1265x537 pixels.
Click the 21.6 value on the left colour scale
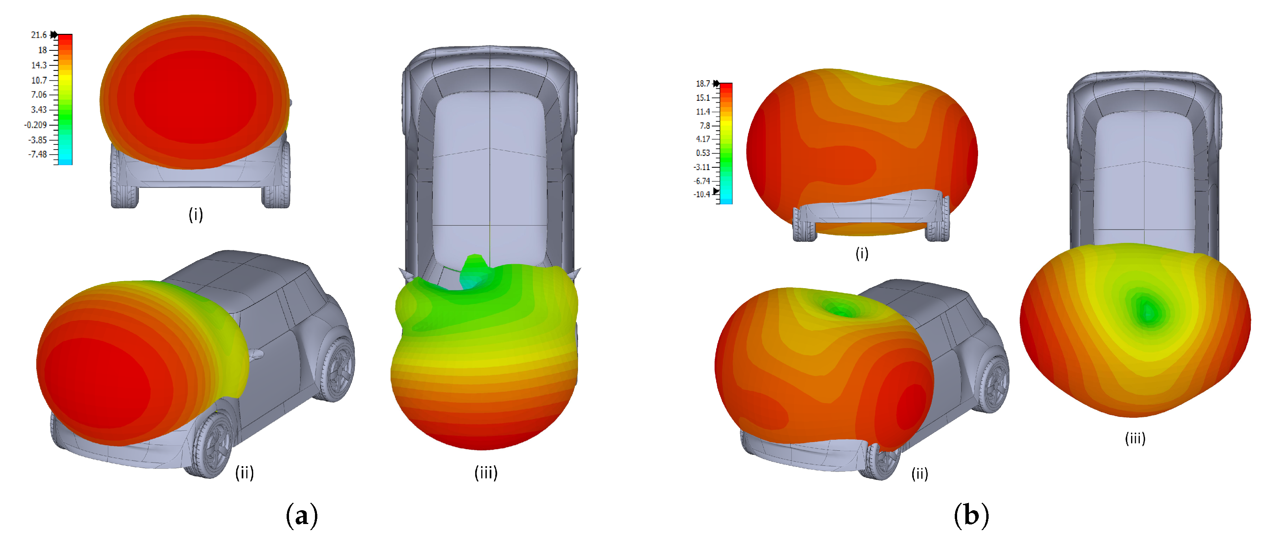[x=39, y=35]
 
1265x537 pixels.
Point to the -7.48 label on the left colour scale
[x=38, y=154]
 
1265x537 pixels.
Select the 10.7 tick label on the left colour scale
[x=39, y=80]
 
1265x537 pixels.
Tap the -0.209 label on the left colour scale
[x=36, y=125]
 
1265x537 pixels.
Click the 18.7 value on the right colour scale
[x=703, y=84]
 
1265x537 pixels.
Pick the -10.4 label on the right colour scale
[x=702, y=194]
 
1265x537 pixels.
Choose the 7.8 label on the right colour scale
[x=705, y=126]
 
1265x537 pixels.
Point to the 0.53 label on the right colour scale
[x=703, y=153]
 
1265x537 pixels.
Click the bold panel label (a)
[x=302, y=516]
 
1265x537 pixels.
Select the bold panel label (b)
[x=971, y=516]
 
